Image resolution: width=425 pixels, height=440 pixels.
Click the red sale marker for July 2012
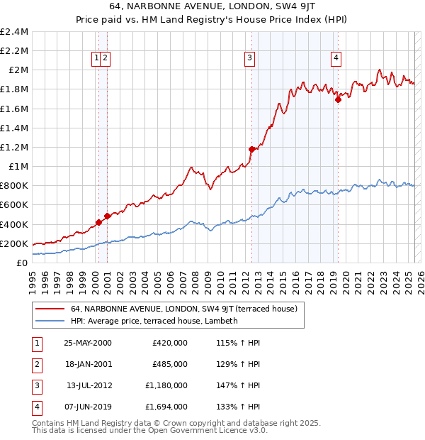[x=251, y=149]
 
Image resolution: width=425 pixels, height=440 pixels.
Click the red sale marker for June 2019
[x=338, y=99]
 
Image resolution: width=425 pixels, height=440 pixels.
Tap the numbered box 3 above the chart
[x=250, y=59]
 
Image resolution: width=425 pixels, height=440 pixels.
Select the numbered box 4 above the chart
[x=336, y=59]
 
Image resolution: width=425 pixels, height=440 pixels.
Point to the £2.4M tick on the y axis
[x=14, y=32]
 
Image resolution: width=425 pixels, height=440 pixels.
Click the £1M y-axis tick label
[x=19, y=166]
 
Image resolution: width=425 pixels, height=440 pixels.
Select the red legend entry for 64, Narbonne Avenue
[x=188, y=309]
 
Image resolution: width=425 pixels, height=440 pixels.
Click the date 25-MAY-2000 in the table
[x=88, y=343]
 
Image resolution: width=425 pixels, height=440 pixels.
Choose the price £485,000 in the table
[x=169, y=364]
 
